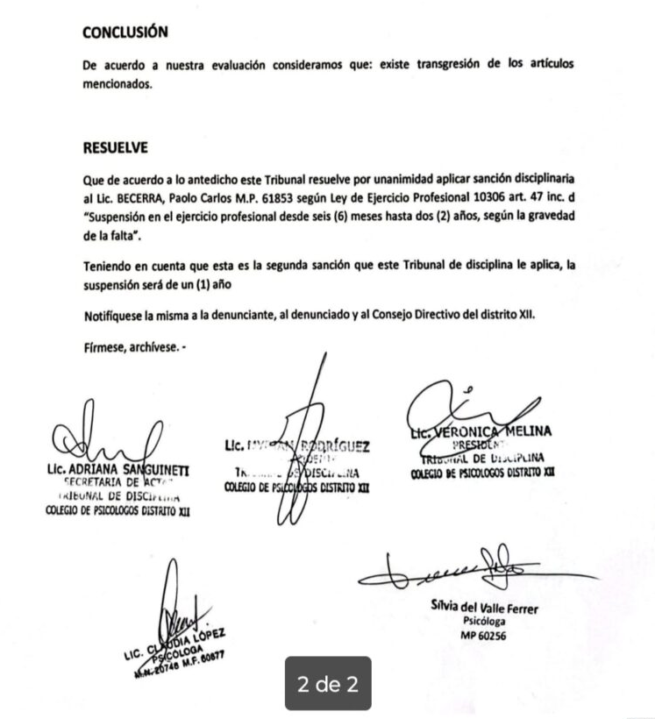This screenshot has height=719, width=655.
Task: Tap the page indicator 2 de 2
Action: (x=329, y=684)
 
